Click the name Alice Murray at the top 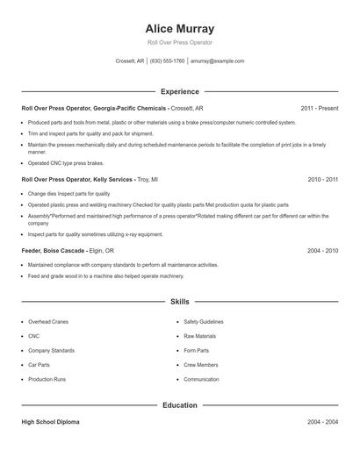pyautogui.click(x=179, y=28)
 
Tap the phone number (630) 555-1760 pyautogui.click(x=167, y=61)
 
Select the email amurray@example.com pyautogui.click(x=217, y=61)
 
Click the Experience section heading pyautogui.click(x=179, y=91)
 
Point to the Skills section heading pyautogui.click(x=179, y=301)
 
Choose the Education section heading pyautogui.click(x=179, y=405)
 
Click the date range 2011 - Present pyautogui.click(x=319, y=108)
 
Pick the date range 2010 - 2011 pyautogui.click(x=322, y=179)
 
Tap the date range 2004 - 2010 pyautogui.click(x=322, y=250)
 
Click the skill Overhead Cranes pyautogui.click(x=47, y=321)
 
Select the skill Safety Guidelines pyautogui.click(x=204, y=321)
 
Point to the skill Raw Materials pyautogui.click(x=200, y=335)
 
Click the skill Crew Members pyautogui.click(x=201, y=364)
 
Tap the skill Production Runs pyautogui.click(x=47, y=379)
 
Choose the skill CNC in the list pyautogui.click(x=34, y=335)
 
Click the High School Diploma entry pyautogui.click(x=50, y=422)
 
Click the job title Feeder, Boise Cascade pyautogui.click(x=53, y=250)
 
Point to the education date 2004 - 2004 pyautogui.click(x=322, y=422)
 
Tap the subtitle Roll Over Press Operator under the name pyautogui.click(x=179, y=42)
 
